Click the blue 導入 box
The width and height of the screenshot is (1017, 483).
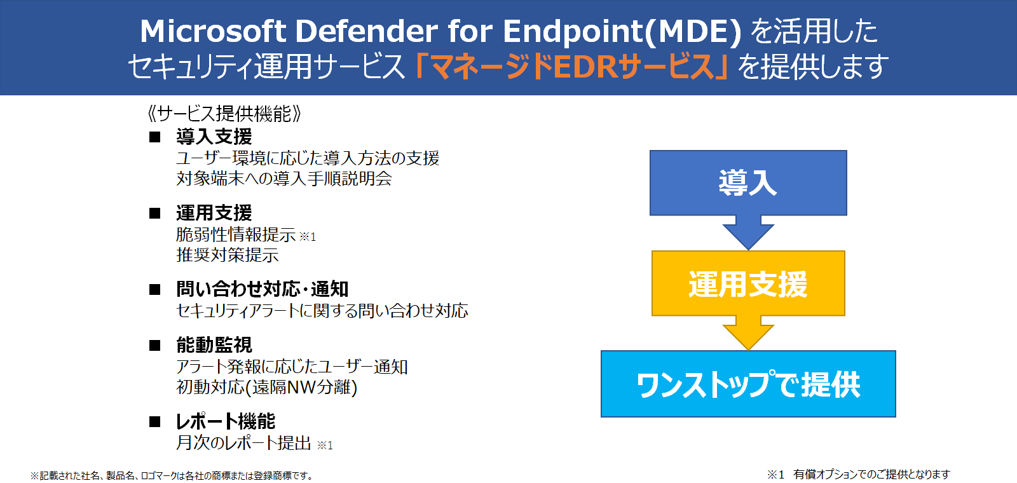click(748, 182)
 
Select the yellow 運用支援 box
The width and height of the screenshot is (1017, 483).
click(748, 283)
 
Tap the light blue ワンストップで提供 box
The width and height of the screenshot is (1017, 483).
click(748, 384)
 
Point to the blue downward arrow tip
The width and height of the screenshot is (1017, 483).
click(748, 249)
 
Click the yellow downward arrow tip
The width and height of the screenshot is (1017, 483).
click(748, 350)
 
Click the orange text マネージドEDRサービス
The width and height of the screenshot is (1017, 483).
click(572, 67)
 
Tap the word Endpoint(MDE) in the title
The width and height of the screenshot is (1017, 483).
click(622, 32)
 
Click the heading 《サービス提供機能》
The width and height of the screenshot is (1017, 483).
click(224, 114)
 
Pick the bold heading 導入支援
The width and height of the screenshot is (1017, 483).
click(214, 136)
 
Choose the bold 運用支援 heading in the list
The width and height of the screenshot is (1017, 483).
click(214, 212)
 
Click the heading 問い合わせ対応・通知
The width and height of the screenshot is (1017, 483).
click(263, 289)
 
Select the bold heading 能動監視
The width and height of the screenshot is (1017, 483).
click(214, 345)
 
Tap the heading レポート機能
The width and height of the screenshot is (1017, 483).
click(226, 421)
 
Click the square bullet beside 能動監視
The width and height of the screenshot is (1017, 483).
click(155, 346)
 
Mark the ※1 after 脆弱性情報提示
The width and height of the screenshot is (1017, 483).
click(308, 236)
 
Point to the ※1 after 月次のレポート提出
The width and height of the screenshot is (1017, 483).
click(325, 445)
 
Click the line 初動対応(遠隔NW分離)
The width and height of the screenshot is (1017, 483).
click(267, 387)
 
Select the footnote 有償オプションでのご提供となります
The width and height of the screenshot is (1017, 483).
click(871, 474)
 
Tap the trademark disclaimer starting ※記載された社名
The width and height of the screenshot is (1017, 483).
click(172, 475)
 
